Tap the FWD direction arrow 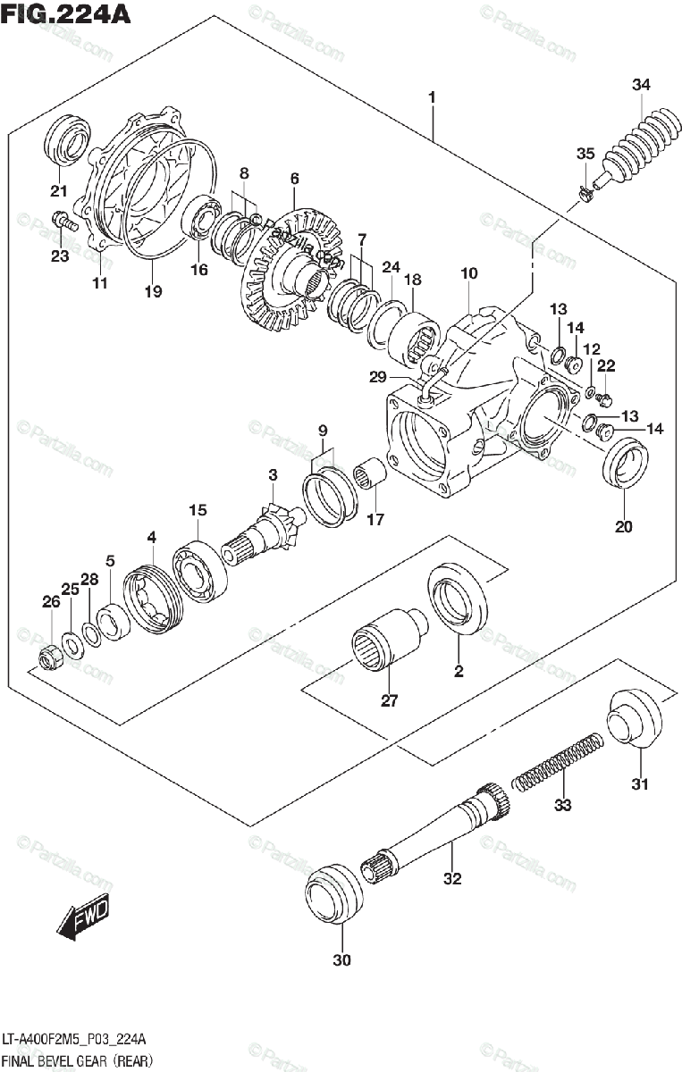[x=82, y=919]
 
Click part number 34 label [x=641, y=85]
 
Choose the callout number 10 [x=469, y=273]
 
